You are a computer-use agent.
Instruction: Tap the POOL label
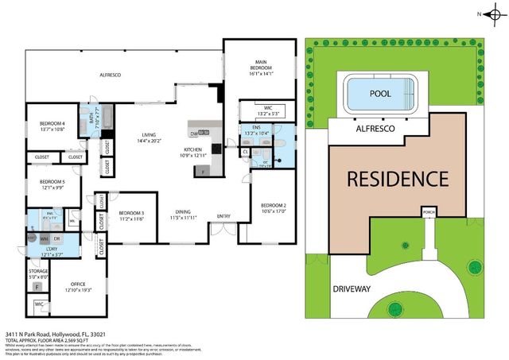380,94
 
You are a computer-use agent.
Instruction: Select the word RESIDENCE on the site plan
397,178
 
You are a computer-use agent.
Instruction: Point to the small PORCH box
429,212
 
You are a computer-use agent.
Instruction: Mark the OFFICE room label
77,284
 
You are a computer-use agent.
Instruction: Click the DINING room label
183,212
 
